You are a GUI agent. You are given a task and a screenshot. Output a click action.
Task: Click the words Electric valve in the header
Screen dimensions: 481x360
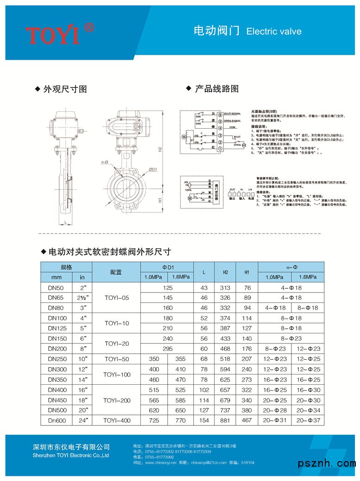coord(274,31)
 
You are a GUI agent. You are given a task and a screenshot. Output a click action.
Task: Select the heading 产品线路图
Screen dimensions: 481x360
coord(216,89)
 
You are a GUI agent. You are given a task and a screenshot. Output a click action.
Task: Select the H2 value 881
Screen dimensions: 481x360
coord(225,420)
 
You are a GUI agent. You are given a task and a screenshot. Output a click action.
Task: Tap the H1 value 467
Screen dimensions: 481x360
coord(247,420)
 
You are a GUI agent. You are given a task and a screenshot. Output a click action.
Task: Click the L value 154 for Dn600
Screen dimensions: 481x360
coord(204,420)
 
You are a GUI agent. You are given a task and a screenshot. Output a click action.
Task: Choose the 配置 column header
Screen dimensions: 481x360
coord(116,272)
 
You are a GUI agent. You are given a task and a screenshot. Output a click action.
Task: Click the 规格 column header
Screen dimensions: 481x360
coord(67,267)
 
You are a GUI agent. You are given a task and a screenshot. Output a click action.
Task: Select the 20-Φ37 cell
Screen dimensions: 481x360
coord(308,420)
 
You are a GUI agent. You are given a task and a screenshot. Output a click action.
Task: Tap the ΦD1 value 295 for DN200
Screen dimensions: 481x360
coord(167,349)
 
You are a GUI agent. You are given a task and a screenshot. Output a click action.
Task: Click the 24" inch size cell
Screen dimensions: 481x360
coord(82,420)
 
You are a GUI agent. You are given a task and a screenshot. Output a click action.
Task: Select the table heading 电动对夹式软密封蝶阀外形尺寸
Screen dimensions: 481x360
coord(110,252)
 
